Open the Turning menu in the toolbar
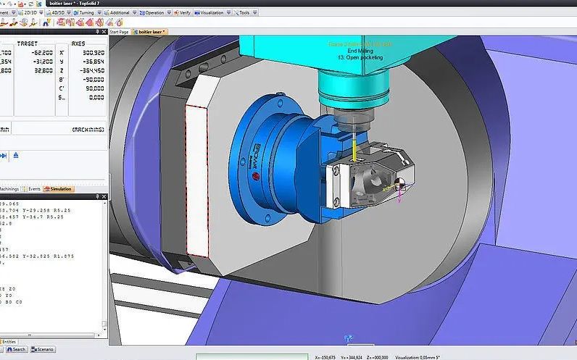[x=89, y=12]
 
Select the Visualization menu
[x=212, y=12]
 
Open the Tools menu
[x=244, y=12]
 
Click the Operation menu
[x=154, y=12]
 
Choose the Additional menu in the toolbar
[x=120, y=12]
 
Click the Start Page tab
[x=119, y=32]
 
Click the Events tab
[x=34, y=188]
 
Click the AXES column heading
[x=86, y=43]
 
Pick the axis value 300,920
[x=93, y=53]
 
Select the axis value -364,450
[x=91, y=71]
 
